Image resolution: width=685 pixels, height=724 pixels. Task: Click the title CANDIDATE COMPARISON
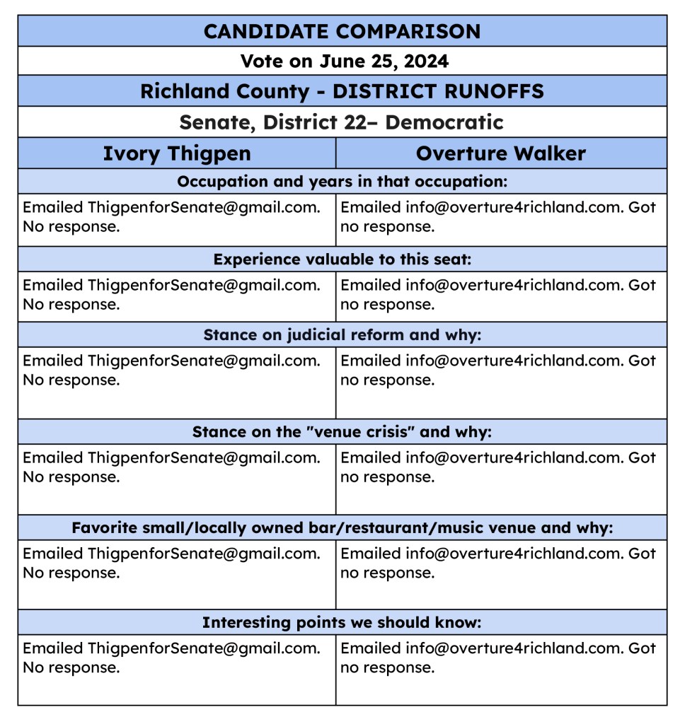342,31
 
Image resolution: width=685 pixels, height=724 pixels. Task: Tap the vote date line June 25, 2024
344,61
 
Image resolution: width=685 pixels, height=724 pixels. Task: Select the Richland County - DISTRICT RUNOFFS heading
342,91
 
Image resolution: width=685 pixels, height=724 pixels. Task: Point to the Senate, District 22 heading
341,122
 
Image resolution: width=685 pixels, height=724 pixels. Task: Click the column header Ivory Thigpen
177,153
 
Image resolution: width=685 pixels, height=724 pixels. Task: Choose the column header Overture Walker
500,153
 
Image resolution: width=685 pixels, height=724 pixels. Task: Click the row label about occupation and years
342,181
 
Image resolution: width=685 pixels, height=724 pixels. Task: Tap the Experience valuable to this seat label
342,259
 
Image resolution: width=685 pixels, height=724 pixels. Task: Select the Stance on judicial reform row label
342,334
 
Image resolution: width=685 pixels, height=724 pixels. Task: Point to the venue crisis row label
342,431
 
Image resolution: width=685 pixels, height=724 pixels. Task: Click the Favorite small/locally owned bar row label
342,527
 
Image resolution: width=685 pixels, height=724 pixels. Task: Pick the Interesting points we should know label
342,622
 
